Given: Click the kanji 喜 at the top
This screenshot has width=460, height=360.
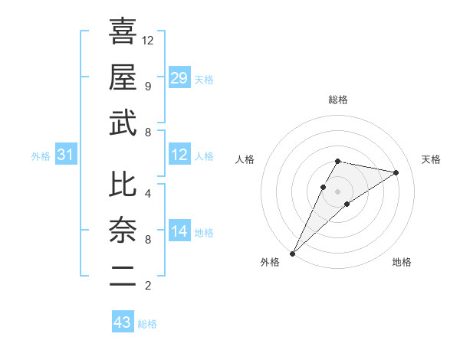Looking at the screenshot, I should (123, 31).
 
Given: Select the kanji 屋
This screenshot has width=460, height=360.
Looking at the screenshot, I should (123, 77).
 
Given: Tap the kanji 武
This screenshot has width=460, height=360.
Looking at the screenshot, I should (123, 123).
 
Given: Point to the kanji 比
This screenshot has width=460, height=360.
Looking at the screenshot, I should (123, 185).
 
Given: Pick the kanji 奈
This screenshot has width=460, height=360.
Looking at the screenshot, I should (123, 231).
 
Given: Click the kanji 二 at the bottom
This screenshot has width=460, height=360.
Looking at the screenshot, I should (123, 277).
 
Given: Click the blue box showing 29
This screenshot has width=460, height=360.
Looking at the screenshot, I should (179, 78).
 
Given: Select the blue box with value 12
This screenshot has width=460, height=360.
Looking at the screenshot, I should (179, 155).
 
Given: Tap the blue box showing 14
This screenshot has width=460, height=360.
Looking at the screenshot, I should (179, 231).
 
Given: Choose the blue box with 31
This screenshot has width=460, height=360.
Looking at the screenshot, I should (66, 155).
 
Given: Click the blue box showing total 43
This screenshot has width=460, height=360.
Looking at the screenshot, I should (123, 322).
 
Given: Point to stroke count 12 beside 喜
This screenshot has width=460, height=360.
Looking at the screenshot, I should (149, 40).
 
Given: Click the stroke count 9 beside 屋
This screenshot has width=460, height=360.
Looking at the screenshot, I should (147, 86).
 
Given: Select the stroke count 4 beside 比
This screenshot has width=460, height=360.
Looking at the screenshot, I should (147, 193).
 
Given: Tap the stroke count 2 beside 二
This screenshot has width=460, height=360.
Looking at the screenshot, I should (147, 286).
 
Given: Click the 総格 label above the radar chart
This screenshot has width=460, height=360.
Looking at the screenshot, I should (338, 100).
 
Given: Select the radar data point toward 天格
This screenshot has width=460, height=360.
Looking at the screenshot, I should (396, 172).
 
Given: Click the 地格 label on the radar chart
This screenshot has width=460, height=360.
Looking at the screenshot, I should (402, 262).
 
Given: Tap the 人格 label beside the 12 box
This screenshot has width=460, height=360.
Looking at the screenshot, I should (204, 156).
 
